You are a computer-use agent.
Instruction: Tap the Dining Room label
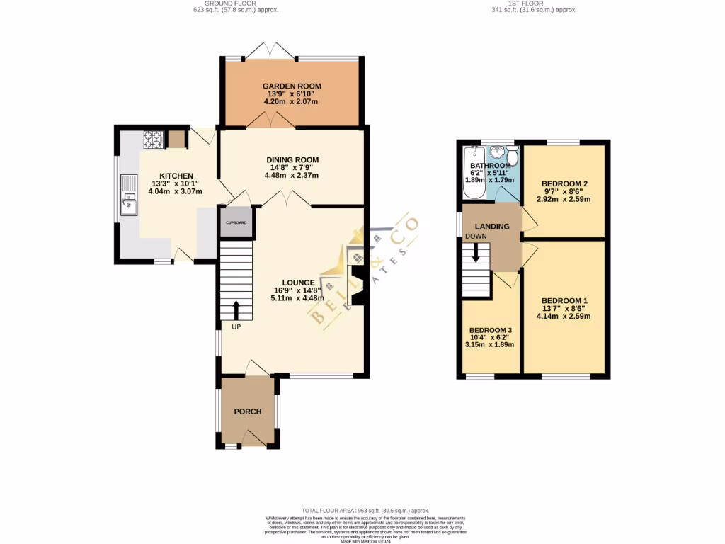point(292,159)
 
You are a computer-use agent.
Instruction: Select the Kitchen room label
point(176,176)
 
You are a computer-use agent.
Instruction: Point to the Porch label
point(248,412)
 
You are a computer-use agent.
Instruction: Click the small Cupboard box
point(236,222)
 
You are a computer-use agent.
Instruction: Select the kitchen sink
point(130,195)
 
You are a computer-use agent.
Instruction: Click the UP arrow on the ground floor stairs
point(236,310)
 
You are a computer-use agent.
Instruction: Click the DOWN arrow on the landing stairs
point(476,252)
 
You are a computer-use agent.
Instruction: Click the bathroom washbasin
point(498,152)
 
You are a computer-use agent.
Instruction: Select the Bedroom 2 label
point(564,183)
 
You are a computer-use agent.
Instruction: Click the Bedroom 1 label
point(564,301)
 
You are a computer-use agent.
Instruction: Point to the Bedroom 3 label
point(490,331)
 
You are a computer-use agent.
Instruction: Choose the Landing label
point(492,227)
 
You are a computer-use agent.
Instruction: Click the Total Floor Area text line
point(365,510)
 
